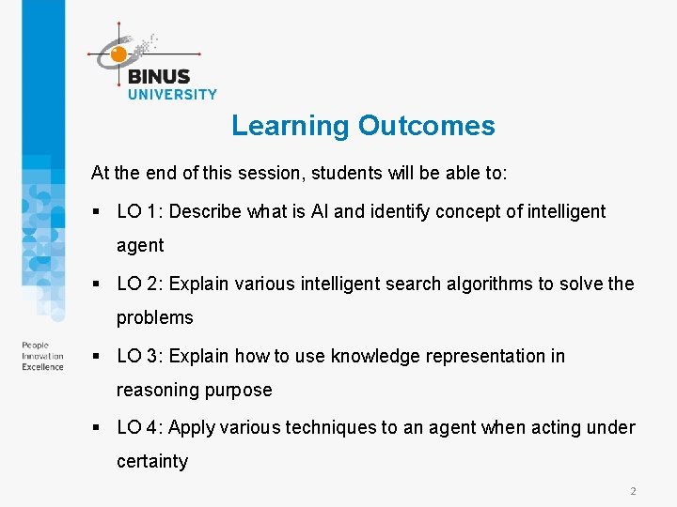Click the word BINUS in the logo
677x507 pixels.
click(x=158, y=77)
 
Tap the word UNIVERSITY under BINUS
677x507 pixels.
click(x=172, y=94)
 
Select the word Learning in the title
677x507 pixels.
click(x=290, y=126)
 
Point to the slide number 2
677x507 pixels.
click(x=633, y=491)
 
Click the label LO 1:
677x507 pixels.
click(x=139, y=211)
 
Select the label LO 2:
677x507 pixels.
click(x=139, y=284)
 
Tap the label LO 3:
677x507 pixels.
click(x=139, y=356)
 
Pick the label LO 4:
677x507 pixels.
click(x=139, y=427)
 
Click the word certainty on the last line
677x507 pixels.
click(x=152, y=461)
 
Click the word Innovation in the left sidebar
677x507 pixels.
click(x=42, y=356)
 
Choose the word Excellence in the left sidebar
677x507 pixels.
click(x=43, y=366)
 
